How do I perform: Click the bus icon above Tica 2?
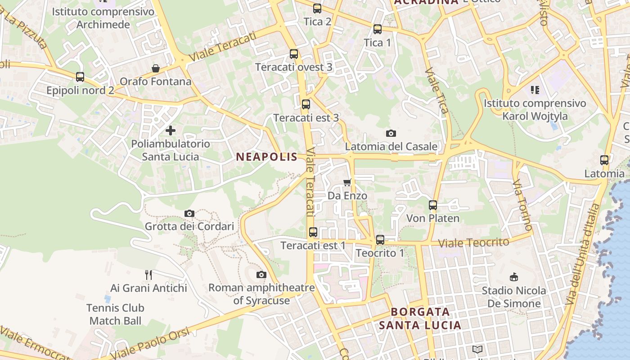317,9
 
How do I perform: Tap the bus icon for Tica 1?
378,29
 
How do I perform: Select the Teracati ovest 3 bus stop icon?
294,54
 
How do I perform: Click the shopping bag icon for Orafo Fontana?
156,68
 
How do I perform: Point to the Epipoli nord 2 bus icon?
80,77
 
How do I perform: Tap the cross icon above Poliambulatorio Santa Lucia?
171,130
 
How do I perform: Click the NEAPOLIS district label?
266,157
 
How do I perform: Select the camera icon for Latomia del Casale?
391,133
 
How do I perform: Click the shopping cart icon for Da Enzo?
347,182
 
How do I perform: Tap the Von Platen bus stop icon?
433,205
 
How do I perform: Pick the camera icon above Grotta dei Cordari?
189,213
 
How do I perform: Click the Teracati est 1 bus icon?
313,232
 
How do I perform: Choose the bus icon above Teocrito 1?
380,240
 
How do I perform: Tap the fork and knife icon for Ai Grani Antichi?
148,274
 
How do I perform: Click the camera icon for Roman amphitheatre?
261,274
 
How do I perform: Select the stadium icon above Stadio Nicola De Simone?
513,277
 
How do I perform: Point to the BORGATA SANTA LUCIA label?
420,318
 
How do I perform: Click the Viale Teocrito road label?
473,243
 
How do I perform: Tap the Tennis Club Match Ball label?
115,314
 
